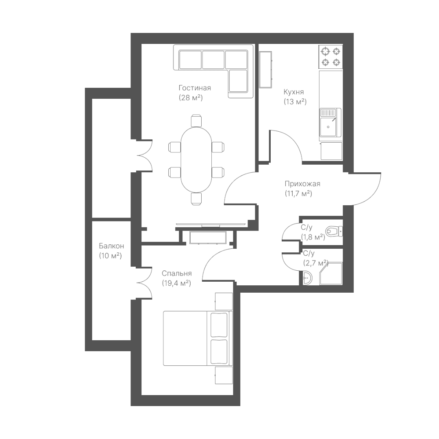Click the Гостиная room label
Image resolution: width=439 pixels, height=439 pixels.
point(195,88)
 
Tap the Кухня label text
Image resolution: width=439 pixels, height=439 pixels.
point(293,92)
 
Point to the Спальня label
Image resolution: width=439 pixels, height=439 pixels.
point(177,274)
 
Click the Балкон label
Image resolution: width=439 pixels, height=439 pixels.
point(111,246)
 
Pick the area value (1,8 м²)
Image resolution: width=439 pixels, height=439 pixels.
point(313,237)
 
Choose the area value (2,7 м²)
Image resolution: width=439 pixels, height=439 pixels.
point(315,263)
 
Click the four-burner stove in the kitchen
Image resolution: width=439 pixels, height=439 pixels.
point(330,57)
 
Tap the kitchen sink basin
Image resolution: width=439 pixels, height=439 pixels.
point(328,127)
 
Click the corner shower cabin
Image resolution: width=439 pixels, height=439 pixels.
point(331,274)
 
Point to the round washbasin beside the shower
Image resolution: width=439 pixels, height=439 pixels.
point(307,278)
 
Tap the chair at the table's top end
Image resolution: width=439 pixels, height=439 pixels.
point(196,120)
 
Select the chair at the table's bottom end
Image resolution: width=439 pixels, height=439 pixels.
point(196,199)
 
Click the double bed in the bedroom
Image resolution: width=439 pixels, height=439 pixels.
point(198,338)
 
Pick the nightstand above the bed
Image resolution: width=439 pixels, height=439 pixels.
point(224,301)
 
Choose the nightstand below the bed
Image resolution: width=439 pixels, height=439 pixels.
point(224,376)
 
